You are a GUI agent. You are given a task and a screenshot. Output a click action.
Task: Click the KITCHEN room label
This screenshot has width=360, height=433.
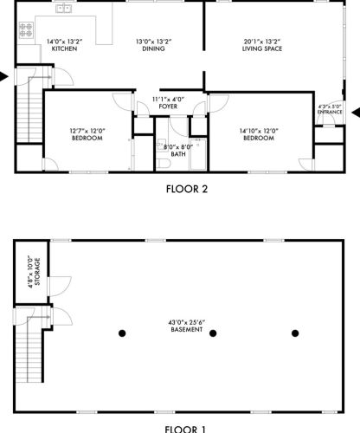tap(64, 48)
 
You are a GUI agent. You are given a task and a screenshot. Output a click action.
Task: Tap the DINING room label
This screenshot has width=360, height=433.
tap(153, 48)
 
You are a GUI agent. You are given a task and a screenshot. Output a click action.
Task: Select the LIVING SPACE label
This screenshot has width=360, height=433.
tap(262, 48)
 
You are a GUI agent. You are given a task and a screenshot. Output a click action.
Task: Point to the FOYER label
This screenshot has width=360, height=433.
tap(168, 107)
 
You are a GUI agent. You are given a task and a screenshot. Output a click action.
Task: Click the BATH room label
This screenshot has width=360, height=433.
tap(178, 154)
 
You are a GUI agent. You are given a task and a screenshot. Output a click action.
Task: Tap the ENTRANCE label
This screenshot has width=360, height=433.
tap(330, 112)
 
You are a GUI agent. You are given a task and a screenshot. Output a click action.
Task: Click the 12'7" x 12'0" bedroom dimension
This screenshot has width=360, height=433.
tap(87, 131)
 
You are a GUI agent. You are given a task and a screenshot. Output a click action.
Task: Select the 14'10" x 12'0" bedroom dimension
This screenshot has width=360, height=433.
tap(259, 131)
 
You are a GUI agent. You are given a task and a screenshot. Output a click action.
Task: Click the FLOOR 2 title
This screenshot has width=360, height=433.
tap(187, 190)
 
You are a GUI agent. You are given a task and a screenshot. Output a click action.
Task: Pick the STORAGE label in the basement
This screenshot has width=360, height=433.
tap(37, 272)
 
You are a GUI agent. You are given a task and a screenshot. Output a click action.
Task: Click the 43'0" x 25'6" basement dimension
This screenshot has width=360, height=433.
tap(187, 322)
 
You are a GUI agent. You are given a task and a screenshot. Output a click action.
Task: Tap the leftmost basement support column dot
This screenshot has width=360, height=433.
tap(122, 333)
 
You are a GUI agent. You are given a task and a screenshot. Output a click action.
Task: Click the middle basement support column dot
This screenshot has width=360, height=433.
tap(213, 333)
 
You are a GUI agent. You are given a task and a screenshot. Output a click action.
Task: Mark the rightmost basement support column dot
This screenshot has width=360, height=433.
tap(295, 333)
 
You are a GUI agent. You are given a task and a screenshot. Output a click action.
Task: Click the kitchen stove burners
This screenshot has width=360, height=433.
tap(26, 30)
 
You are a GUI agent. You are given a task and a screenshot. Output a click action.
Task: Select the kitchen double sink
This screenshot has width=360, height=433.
tap(63, 9)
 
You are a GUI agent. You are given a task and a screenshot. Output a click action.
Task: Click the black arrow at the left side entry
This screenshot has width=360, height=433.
tap(3, 77)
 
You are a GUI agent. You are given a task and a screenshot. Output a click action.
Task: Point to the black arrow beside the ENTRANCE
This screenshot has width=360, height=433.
tap(356, 113)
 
